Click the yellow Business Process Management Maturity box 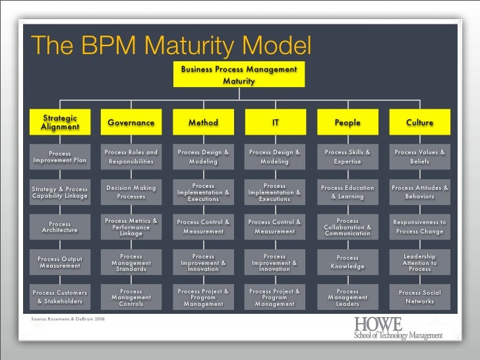[239, 75]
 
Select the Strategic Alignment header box [60, 122]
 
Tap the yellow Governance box [131, 122]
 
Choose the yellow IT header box [276, 122]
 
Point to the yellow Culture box [419, 122]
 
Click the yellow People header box [347, 122]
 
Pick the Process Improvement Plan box [60, 157]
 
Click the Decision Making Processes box [131, 192]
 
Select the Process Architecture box [60, 227]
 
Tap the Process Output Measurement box [60, 262]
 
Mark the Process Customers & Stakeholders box [60, 297]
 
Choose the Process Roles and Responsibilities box [131, 157]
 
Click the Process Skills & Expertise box [347, 157]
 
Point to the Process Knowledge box [347, 262]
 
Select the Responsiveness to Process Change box [419, 227]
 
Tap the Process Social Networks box [419, 297]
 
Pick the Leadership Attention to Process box [419, 262]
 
